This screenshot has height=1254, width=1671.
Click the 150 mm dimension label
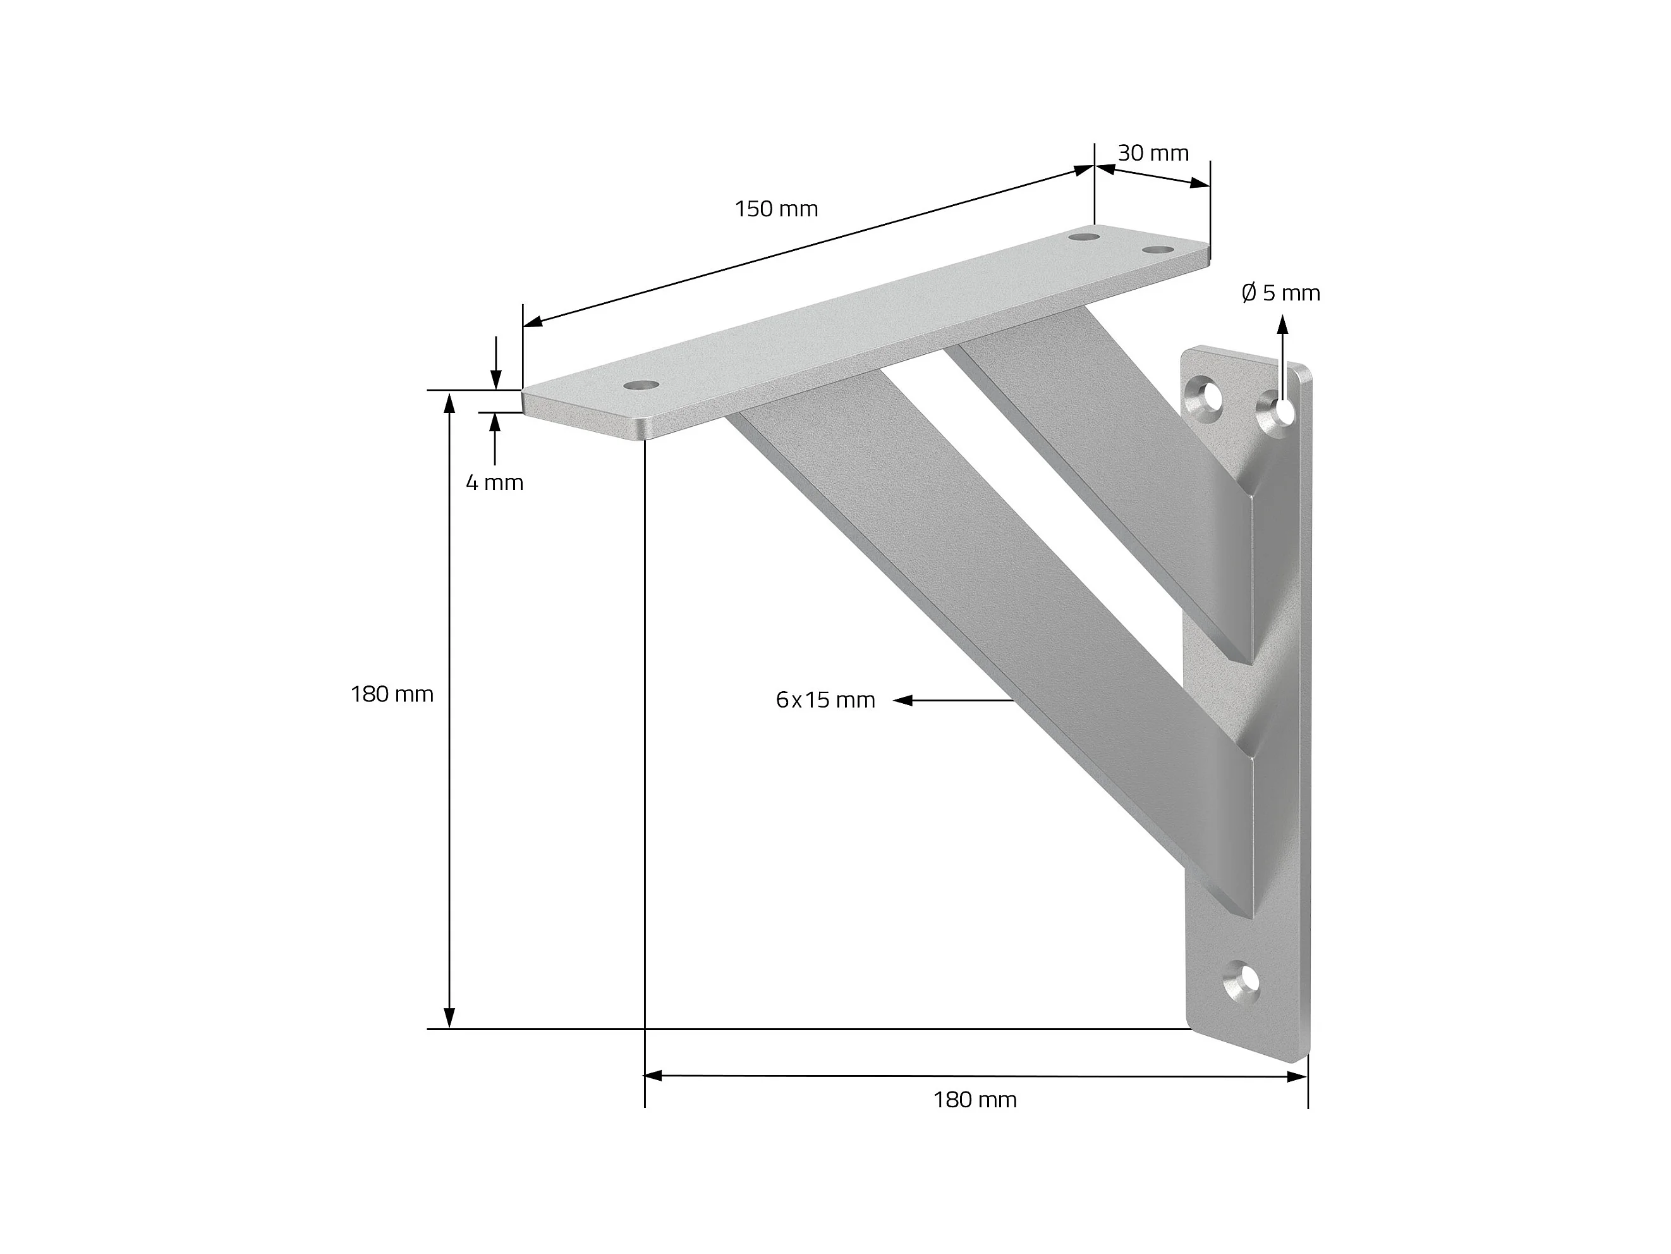coord(777,209)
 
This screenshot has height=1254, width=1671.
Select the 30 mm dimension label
coord(1153,154)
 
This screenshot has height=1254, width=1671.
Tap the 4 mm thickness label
coord(494,483)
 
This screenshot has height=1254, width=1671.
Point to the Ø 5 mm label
coord(1280,293)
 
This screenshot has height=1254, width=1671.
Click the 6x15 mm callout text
coord(825,700)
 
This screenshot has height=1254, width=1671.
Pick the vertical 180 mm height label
coord(392,694)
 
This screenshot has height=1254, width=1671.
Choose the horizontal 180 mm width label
coord(975,1100)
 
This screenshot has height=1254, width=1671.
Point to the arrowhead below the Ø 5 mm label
coord(1282,325)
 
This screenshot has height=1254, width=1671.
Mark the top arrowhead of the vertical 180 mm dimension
coord(449,402)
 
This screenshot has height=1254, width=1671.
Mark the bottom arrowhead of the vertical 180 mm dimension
coord(449,1017)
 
